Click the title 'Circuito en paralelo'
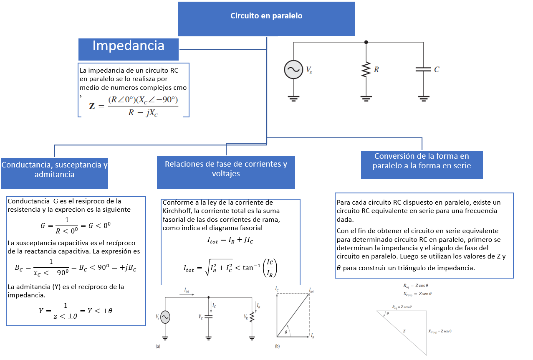click(x=266, y=16)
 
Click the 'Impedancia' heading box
click(x=128, y=46)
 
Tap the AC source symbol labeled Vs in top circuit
click(x=293, y=70)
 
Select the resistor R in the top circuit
click(x=366, y=70)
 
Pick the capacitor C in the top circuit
click(x=423, y=70)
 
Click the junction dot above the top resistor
click(x=366, y=42)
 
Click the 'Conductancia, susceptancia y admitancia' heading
click(x=55, y=170)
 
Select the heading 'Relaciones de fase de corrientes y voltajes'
click(x=226, y=169)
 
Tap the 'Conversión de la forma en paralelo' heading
click(x=422, y=161)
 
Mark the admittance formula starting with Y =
click(x=75, y=311)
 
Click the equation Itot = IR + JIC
click(x=230, y=240)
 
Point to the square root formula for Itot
click(x=230, y=269)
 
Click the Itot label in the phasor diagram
click(x=311, y=289)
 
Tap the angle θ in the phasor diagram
click(x=285, y=332)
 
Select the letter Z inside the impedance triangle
click(x=404, y=331)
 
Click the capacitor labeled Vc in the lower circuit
click(x=209, y=317)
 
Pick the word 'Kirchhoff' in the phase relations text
click(x=177, y=210)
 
